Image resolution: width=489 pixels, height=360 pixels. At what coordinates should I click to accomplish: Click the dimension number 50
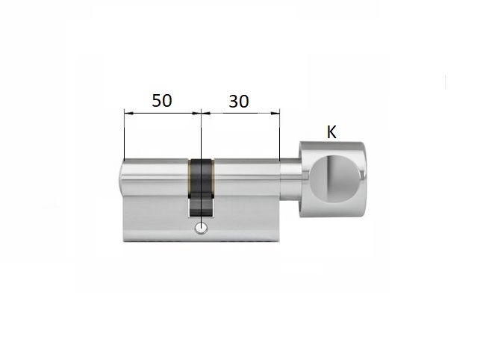tap(162, 101)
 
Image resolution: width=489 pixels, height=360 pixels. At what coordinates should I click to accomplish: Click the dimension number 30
tap(239, 101)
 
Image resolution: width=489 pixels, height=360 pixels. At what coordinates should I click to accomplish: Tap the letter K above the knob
tap(331, 132)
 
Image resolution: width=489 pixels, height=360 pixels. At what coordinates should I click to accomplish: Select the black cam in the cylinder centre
tap(201, 183)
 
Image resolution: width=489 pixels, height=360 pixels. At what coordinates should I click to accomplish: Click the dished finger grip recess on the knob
tap(337, 178)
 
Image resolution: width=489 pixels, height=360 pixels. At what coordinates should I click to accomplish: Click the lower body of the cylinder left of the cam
tap(153, 220)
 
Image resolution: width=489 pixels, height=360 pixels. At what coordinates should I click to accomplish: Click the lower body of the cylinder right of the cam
tap(246, 220)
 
